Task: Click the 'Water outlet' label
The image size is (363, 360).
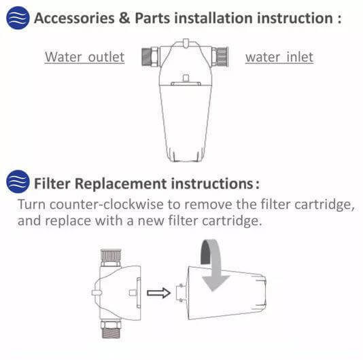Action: (x=84, y=56)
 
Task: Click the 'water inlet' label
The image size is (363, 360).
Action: (x=279, y=56)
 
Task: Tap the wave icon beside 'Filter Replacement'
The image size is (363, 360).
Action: (x=18, y=182)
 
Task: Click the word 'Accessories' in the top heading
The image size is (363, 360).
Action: (x=75, y=18)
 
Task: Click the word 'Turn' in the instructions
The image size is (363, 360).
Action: (x=31, y=205)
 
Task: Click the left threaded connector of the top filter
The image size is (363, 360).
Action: (x=150, y=56)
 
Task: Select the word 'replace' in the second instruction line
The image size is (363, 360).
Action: (x=65, y=221)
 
